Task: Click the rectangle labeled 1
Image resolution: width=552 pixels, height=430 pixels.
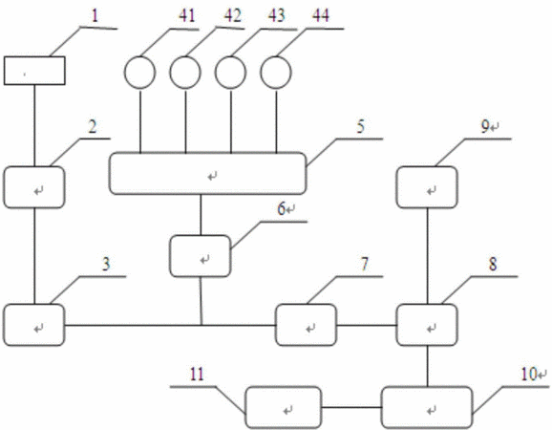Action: (x=34, y=71)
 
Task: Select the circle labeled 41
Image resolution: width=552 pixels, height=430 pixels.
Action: (x=139, y=73)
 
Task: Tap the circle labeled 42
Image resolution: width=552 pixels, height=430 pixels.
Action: (x=185, y=73)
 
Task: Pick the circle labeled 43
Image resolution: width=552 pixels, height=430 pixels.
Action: (x=230, y=73)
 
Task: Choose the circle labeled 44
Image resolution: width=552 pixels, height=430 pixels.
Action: (x=276, y=73)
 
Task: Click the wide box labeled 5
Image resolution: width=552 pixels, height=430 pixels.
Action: (x=207, y=173)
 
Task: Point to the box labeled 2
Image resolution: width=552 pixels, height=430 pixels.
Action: (x=34, y=187)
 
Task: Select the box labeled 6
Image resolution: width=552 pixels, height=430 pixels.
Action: (x=201, y=256)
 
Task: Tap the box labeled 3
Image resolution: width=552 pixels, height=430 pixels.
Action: (x=34, y=325)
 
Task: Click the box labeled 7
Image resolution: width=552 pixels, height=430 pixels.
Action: (x=306, y=325)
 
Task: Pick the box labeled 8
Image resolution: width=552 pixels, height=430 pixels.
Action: (x=427, y=325)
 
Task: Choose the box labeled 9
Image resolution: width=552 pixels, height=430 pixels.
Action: (x=427, y=187)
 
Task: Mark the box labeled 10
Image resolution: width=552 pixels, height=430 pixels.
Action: (x=427, y=407)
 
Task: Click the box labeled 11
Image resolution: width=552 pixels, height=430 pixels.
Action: (x=284, y=407)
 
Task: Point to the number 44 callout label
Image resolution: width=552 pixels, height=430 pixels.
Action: (x=321, y=16)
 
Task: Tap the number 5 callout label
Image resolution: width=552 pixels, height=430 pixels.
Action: (x=360, y=126)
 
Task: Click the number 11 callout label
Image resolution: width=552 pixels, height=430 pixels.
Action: (x=197, y=374)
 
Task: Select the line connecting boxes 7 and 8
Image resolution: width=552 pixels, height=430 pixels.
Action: (x=366, y=325)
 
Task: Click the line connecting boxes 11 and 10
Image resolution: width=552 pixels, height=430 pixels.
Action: (x=351, y=408)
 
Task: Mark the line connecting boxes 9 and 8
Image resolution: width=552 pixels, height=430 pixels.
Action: (x=428, y=256)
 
